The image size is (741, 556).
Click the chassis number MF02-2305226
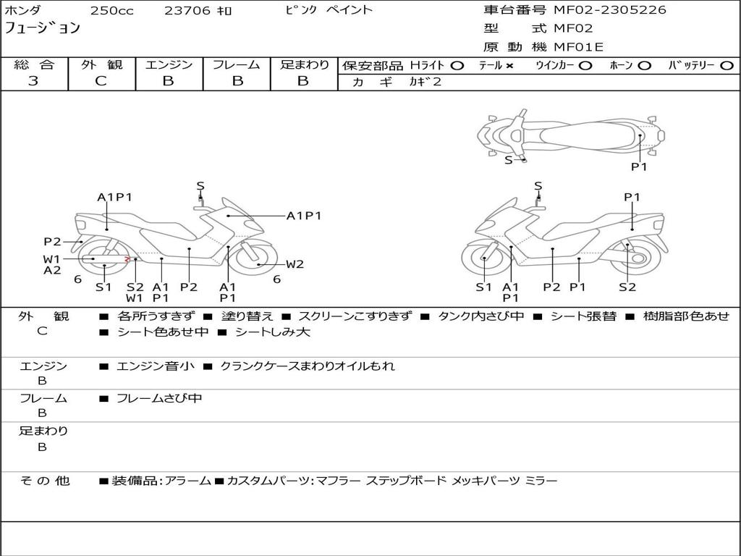click(610, 10)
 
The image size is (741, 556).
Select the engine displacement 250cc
click(111, 11)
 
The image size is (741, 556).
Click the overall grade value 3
click(33, 81)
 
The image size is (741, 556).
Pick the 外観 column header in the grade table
click(101, 64)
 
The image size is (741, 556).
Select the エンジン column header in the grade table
click(169, 64)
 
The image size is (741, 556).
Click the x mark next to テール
click(509, 65)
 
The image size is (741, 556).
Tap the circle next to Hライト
click(457, 65)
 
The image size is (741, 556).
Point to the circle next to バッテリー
click(727, 65)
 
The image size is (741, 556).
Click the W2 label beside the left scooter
click(295, 264)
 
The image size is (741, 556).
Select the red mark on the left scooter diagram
click(127, 258)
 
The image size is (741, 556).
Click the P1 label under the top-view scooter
click(639, 167)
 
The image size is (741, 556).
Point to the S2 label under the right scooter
click(627, 287)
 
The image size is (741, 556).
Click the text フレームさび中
click(159, 398)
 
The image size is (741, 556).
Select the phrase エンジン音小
click(155, 366)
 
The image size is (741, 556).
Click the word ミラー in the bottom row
click(541, 481)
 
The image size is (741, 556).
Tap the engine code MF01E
click(578, 47)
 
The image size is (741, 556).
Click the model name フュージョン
click(42, 29)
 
